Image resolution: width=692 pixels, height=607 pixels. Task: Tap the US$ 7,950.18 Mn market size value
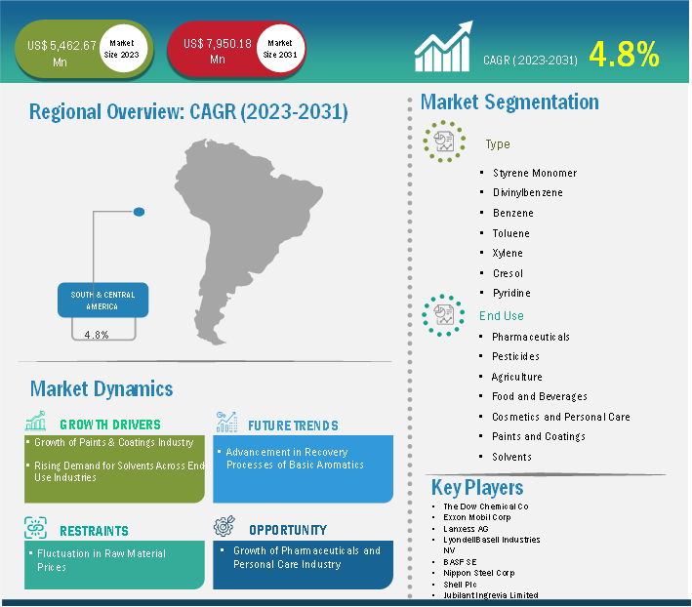(x=217, y=51)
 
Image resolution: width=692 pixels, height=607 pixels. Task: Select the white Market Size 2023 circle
(x=122, y=49)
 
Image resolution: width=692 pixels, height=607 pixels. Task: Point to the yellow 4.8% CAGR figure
(x=624, y=55)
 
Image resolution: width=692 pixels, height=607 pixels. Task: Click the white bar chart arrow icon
(x=443, y=46)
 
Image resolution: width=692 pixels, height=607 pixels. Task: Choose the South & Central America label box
(x=102, y=300)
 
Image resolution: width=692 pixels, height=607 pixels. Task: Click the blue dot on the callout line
(x=139, y=212)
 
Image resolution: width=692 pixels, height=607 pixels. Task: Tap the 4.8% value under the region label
(x=97, y=335)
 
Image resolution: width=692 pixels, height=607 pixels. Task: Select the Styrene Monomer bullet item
(x=535, y=173)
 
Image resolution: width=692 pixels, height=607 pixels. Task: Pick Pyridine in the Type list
(x=511, y=293)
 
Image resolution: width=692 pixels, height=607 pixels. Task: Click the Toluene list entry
(x=511, y=233)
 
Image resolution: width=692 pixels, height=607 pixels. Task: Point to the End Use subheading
(x=502, y=316)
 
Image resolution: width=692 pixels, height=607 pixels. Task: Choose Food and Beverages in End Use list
(x=540, y=396)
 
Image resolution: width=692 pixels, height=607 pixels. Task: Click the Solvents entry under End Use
(x=511, y=457)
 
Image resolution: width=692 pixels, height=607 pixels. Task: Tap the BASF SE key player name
(x=460, y=562)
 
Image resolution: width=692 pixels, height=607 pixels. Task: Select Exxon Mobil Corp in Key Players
(x=477, y=517)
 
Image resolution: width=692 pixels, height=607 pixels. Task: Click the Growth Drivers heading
(x=110, y=425)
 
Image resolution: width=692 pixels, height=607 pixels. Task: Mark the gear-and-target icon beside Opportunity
(x=224, y=526)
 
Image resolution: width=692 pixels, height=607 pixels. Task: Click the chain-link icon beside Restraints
(x=35, y=528)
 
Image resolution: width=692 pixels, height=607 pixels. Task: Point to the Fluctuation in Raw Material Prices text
(x=102, y=560)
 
